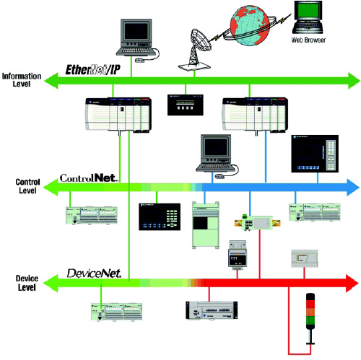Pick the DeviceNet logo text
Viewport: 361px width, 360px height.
98,273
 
